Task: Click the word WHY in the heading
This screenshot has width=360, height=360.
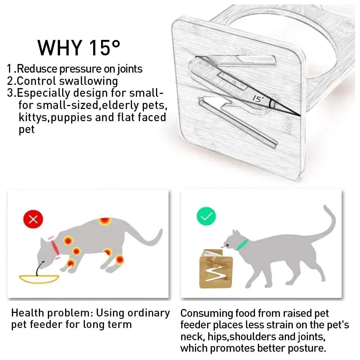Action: (x=60, y=48)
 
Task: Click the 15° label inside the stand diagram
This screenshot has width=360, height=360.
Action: (x=258, y=99)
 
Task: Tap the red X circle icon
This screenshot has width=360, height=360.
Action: (x=33, y=219)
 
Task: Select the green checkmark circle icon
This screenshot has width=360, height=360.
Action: (x=206, y=216)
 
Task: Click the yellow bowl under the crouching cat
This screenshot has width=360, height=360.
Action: (x=39, y=279)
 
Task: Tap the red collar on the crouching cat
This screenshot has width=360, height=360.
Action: (x=55, y=247)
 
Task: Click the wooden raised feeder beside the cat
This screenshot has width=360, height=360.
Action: (x=216, y=269)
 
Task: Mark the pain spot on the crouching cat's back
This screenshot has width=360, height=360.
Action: (x=105, y=221)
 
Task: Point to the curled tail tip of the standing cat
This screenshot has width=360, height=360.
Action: (x=325, y=207)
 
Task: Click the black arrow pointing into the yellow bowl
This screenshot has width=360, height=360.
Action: (x=40, y=268)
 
